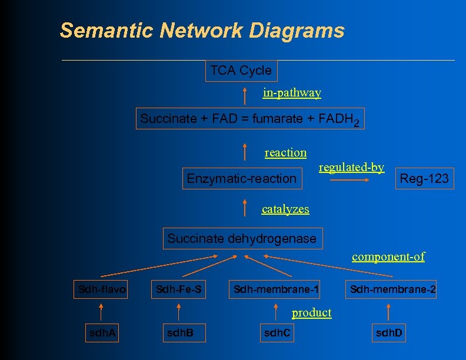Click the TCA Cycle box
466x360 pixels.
coord(241,71)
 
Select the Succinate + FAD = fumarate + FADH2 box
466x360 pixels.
coord(249,119)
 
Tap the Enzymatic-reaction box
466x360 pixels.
coord(241,178)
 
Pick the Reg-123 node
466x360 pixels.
coord(424,178)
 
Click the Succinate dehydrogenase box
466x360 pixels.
coord(242,238)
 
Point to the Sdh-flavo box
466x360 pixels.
coord(102,289)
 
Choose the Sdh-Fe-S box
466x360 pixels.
coord(178,289)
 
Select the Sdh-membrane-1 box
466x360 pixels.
coord(276,289)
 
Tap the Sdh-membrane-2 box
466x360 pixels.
coord(392,289)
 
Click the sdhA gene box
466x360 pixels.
coord(102,334)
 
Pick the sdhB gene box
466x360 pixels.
coord(179,334)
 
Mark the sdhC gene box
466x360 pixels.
coord(276,334)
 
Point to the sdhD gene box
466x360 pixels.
coord(389,334)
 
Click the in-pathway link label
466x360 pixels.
coord(292,93)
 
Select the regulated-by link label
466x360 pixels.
coord(351,168)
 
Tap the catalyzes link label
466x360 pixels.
coord(285,209)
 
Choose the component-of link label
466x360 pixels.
coord(388,256)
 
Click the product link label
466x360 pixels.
coord(311,312)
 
